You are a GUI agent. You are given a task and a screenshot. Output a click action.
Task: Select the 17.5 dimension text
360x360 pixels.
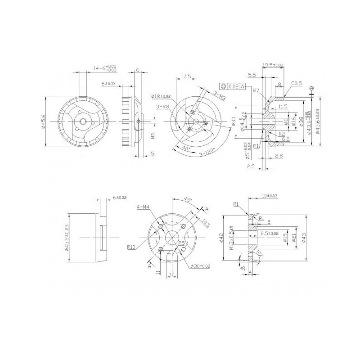(184, 76)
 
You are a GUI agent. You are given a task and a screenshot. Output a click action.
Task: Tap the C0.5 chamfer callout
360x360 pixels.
(296, 83)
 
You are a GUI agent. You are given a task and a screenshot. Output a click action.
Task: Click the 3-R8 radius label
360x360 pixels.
(163, 107)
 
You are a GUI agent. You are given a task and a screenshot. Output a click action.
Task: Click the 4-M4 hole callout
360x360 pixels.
(143, 207)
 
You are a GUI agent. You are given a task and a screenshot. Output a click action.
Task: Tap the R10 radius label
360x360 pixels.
(131, 247)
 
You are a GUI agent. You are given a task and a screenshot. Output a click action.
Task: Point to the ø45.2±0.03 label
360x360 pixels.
(66, 237)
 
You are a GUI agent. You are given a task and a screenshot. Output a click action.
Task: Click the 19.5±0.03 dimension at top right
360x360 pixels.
(273, 66)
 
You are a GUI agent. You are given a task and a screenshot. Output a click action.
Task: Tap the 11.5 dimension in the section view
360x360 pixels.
(283, 107)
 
